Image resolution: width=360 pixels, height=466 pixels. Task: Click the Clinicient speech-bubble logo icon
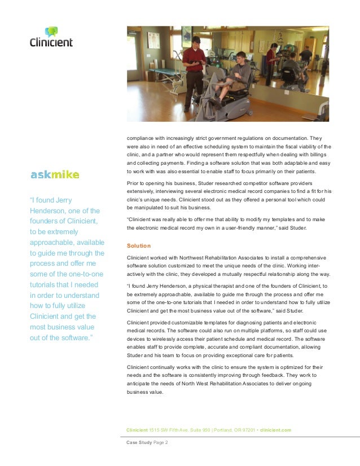click(51, 32)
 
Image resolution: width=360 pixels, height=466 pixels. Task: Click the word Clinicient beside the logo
click(51, 42)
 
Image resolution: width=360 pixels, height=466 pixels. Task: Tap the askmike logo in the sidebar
click(55, 174)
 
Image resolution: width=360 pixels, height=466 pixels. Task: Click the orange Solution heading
click(138, 246)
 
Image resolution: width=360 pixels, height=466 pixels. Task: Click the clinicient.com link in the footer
click(276, 430)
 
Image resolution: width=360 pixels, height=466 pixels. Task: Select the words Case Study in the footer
click(139, 443)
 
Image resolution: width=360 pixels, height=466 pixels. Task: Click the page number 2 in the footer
click(166, 443)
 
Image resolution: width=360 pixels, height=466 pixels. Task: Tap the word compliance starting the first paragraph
click(141, 138)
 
